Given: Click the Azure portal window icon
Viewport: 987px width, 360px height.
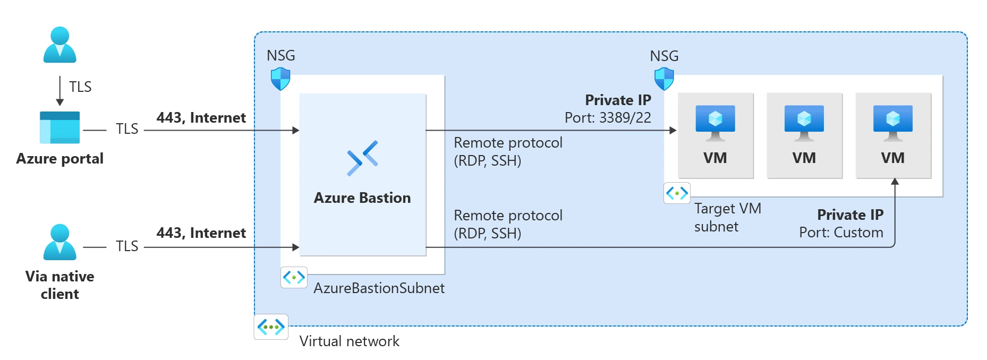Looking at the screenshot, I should (59, 127).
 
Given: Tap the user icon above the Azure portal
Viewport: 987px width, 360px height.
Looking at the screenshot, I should (59, 45).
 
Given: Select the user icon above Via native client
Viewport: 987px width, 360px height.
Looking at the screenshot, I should (59, 242).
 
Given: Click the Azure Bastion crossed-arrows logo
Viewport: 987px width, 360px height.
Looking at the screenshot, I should (362, 158).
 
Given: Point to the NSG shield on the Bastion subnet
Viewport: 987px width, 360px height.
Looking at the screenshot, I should (280, 79).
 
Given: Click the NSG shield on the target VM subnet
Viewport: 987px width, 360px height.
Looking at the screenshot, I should (664, 79).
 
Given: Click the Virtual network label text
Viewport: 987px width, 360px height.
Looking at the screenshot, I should (349, 341).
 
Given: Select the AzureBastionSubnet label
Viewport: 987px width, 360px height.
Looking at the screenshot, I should (379, 288).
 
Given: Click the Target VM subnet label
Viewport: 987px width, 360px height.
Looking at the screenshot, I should (727, 217).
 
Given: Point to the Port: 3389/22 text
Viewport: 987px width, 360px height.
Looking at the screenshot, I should (608, 118).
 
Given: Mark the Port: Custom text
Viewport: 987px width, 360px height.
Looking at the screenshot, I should (841, 233).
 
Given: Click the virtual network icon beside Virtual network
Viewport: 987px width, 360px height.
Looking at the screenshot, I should (271, 327).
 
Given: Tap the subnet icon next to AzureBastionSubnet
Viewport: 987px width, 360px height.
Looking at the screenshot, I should (294, 277).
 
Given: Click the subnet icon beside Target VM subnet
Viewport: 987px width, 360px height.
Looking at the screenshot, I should (677, 193).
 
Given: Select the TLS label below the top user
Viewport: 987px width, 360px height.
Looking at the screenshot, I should (80, 87).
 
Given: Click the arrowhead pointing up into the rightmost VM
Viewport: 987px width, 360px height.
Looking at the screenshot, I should (895, 182).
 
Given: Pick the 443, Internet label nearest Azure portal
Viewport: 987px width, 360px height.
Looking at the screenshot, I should (201, 118).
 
